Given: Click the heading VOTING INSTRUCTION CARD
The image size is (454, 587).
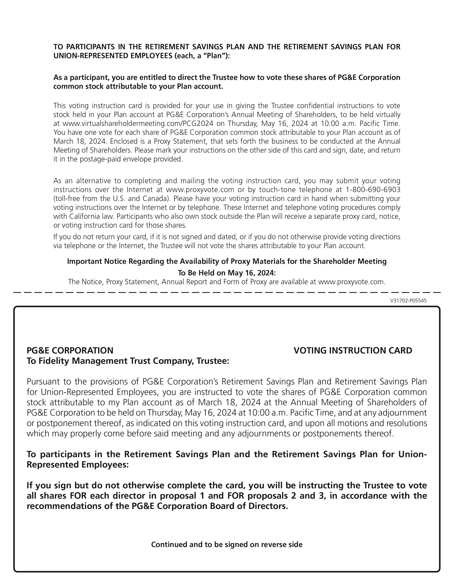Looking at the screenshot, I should point(353,350).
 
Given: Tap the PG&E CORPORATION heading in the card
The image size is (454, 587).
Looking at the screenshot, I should point(70,350).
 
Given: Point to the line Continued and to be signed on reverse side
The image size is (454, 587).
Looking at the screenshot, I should point(227,544).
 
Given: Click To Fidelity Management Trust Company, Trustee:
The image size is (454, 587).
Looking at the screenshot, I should point(128,361).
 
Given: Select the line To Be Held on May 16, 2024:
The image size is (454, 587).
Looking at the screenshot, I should point(227,273).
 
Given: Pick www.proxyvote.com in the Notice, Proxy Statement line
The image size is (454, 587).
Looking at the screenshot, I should point(351,282).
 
